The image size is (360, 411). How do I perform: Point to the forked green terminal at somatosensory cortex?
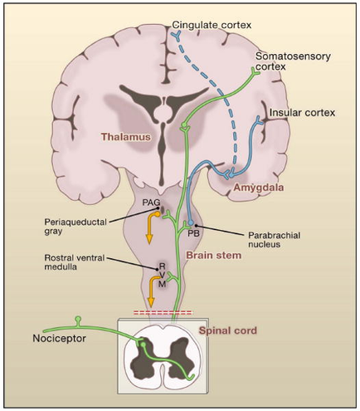coord(258,74)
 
